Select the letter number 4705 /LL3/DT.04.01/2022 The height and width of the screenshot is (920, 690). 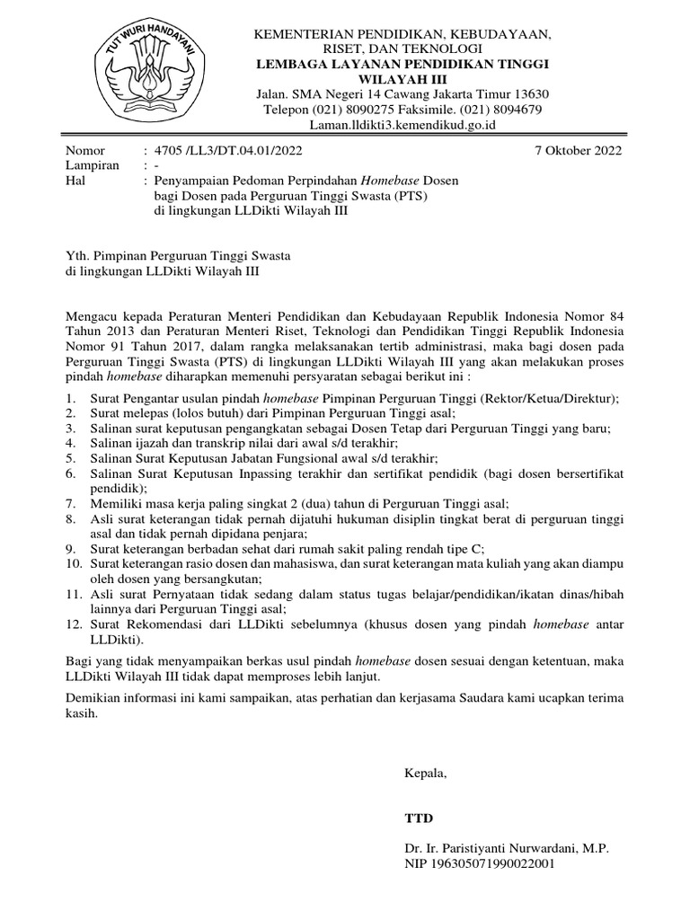pos(227,150)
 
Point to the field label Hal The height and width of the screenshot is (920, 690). pos(76,181)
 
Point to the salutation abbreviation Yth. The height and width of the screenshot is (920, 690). pos(79,255)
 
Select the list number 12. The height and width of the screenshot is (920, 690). pos(75,624)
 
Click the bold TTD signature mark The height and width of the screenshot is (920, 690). pos(419,818)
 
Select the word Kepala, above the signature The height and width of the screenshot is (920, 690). pos(424,773)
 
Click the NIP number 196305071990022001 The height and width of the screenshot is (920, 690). pos(495,864)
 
